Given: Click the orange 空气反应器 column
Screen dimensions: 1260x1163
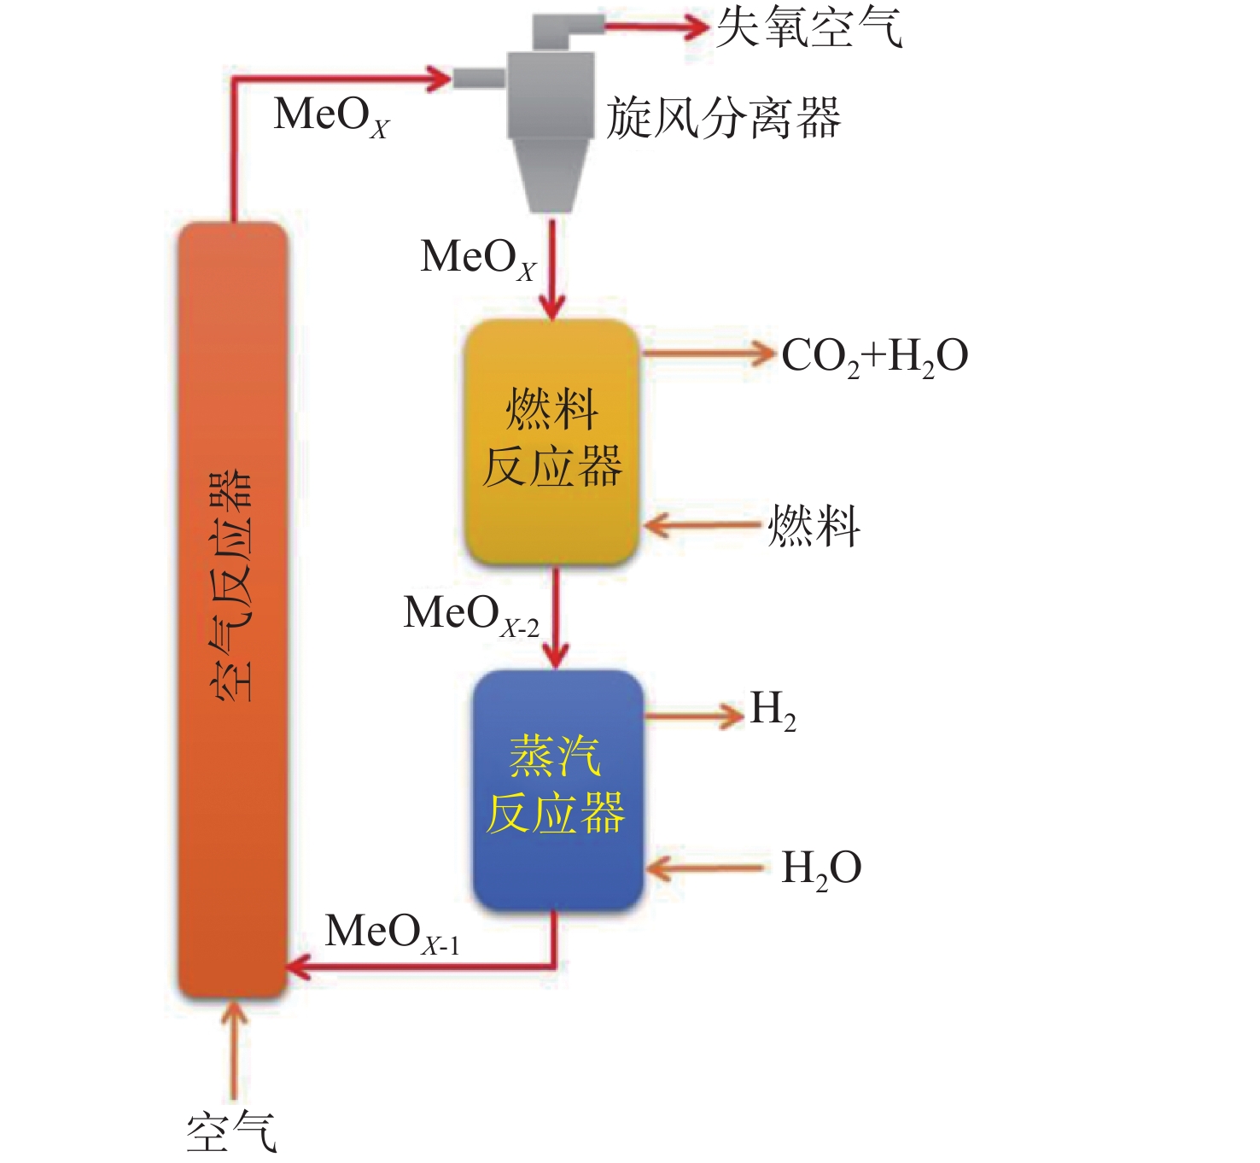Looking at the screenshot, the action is (x=232, y=611).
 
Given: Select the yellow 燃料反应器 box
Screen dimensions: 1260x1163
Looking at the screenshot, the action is (x=551, y=441).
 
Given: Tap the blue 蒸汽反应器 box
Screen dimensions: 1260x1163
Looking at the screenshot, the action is (x=557, y=791).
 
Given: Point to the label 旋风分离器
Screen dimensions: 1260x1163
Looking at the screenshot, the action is (x=723, y=118).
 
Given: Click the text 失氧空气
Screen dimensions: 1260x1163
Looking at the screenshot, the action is (x=809, y=27).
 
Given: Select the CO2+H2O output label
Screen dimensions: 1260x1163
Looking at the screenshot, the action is (x=875, y=357).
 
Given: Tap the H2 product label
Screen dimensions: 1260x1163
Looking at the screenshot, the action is (x=773, y=711).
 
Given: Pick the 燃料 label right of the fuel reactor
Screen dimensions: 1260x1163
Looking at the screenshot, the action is (x=814, y=526).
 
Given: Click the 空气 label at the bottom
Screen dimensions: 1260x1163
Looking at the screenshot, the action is (x=231, y=1132).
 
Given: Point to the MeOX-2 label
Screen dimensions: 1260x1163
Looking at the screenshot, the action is (x=471, y=615).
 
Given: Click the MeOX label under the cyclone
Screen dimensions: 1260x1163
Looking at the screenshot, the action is (x=478, y=259).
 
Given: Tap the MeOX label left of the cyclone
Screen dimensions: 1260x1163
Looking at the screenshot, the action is (x=331, y=117).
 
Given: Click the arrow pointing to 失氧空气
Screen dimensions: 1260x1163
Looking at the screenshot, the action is (x=656, y=26).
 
